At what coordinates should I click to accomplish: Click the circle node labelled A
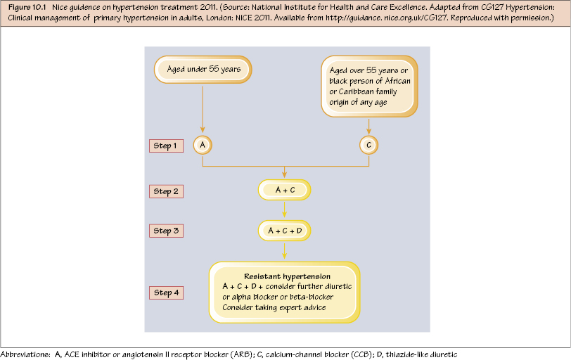[203, 145]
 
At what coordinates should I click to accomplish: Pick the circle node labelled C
[369, 145]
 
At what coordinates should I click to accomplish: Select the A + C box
[285, 191]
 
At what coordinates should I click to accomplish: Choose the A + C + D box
[285, 230]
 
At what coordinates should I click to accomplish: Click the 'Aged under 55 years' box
[203, 70]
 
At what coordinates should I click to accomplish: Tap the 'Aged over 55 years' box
[369, 86]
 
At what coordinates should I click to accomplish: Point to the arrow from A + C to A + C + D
[285, 210]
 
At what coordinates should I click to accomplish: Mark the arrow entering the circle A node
[203, 130]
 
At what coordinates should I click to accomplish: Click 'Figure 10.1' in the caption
[27, 6]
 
